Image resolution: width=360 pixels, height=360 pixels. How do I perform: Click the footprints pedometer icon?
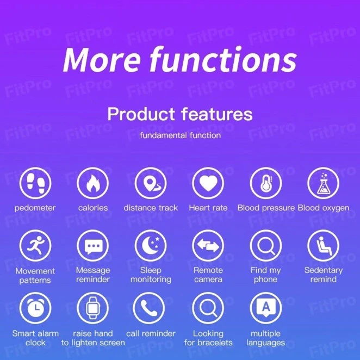35,183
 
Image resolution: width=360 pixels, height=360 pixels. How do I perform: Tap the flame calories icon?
93,183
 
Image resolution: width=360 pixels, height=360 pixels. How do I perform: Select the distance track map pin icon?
151,183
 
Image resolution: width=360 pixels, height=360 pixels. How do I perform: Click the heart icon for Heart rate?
208,183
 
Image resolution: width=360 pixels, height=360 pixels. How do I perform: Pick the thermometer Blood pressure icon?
266,183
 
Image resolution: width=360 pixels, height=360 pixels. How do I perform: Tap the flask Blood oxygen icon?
324,183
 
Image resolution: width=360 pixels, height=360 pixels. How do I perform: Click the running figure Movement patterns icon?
35,246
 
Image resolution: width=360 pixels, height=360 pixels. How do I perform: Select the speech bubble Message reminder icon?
93,246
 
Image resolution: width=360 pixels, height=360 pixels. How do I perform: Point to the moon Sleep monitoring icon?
151,246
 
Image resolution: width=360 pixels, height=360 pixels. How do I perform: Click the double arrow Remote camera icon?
208,246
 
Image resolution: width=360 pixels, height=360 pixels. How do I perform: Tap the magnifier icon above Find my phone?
266,246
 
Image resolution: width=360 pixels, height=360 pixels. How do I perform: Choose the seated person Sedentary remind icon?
324,246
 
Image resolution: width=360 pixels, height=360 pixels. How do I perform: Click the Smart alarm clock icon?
35,308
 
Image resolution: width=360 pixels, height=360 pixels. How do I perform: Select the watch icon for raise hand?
93,308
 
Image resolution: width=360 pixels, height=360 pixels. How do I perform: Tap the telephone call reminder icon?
151,308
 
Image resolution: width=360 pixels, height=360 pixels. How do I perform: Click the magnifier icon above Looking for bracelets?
208,308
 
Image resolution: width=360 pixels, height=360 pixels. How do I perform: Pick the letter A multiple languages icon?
266,308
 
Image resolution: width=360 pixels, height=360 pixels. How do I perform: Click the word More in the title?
101,59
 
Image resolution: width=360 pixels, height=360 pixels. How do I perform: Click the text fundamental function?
180,135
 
